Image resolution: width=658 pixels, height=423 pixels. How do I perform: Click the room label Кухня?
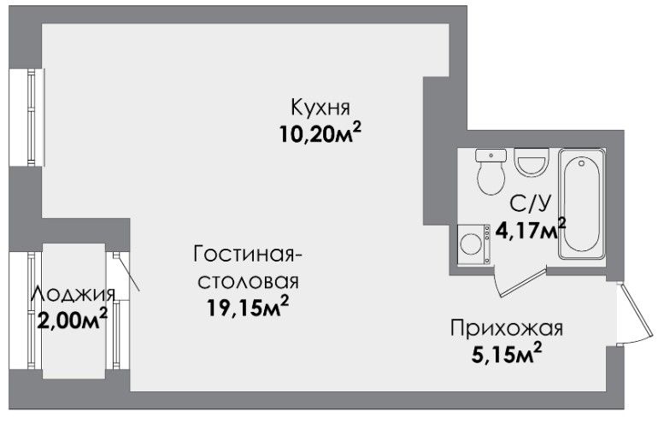click(x=320, y=107)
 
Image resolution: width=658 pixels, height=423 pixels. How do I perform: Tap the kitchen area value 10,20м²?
click(x=320, y=133)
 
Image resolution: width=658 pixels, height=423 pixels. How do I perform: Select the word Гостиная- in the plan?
click(x=248, y=255)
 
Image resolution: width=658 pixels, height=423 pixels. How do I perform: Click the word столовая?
click(x=248, y=282)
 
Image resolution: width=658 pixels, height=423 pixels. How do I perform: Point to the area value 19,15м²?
click(x=248, y=307)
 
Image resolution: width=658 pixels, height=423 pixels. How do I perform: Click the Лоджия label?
click(x=73, y=294)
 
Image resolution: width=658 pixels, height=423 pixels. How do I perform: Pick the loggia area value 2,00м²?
click(x=72, y=320)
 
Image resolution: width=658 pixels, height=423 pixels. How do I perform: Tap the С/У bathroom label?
click(x=530, y=204)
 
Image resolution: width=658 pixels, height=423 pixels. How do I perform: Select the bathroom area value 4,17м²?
click(x=531, y=229)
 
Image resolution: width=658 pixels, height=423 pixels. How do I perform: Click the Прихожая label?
click(x=507, y=328)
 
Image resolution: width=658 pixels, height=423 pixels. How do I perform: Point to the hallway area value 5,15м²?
click(x=507, y=354)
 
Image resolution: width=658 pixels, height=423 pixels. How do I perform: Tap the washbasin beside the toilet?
click(x=532, y=162)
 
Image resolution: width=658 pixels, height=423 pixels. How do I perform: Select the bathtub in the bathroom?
click(x=582, y=203)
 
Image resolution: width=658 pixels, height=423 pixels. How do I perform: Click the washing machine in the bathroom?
click(x=474, y=244)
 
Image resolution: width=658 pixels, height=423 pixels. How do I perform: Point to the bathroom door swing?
click(x=521, y=282)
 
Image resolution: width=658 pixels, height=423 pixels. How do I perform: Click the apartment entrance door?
click(x=635, y=314)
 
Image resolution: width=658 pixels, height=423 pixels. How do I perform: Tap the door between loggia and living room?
click(x=126, y=272)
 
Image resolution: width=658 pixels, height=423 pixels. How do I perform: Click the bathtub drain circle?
click(x=582, y=163)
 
